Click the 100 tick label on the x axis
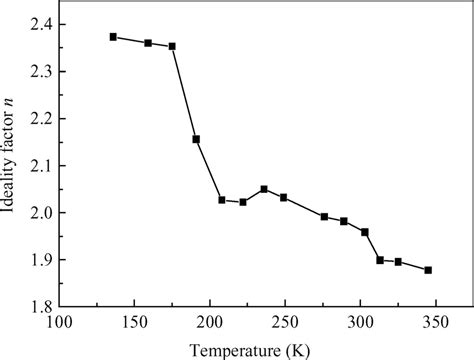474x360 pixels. coord(60,322)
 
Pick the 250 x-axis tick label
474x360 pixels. coord(285,322)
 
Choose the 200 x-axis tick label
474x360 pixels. coord(210,322)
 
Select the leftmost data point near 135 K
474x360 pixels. coord(113,37)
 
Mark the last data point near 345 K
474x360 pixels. coord(428,270)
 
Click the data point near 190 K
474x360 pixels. coord(196,139)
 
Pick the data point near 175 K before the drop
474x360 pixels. coord(172,46)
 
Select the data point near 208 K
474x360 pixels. coord(222,200)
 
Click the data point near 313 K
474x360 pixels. coord(380,260)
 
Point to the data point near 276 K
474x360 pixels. coord(324,216)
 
